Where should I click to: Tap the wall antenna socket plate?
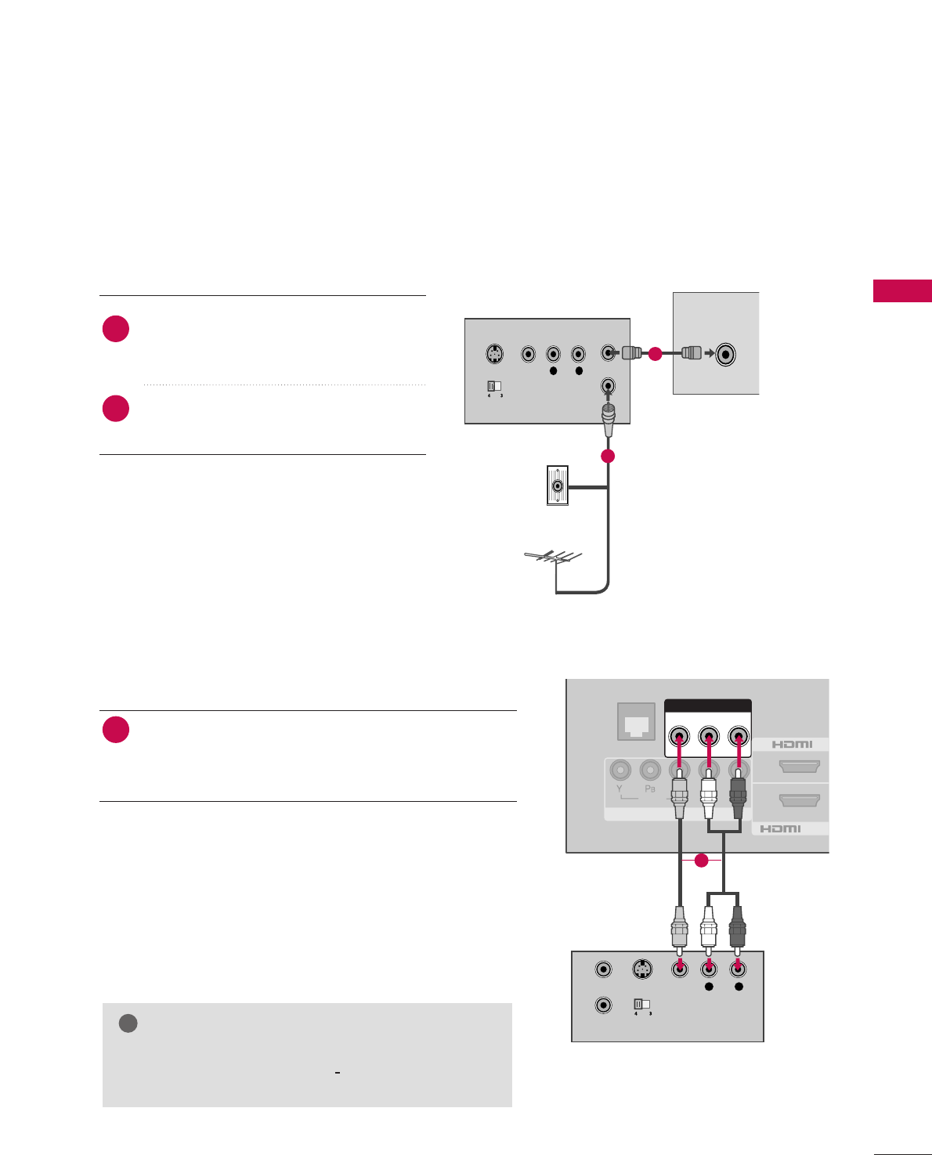(x=557, y=485)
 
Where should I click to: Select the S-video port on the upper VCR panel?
(x=494, y=354)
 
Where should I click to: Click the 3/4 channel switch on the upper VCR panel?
(x=494, y=386)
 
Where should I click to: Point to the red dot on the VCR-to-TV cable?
(x=655, y=354)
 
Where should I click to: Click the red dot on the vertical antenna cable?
(x=608, y=456)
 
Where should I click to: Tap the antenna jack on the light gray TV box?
(x=726, y=354)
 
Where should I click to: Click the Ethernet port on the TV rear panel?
(x=635, y=722)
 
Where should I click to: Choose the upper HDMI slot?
(x=799, y=767)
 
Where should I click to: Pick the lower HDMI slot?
(x=799, y=800)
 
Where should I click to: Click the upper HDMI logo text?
(x=792, y=744)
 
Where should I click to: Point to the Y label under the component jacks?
(x=619, y=789)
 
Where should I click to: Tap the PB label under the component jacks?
(x=649, y=789)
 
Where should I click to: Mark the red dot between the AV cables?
(x=701, y=861)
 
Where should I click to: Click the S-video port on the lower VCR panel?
(x=642, y=969)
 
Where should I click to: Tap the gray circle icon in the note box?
(x=128, y=1023)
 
